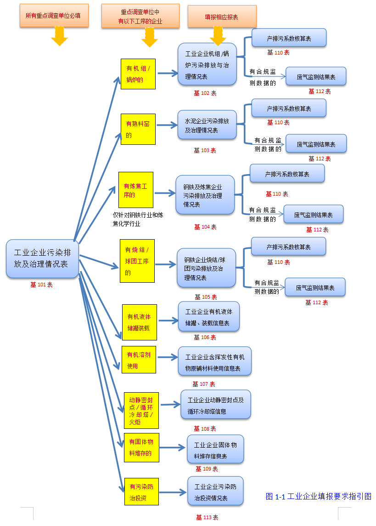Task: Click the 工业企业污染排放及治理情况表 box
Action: point(42,258)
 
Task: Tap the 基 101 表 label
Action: point(41,285)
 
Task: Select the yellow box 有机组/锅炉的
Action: point(138,74)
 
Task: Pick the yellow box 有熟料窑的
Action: point(138,129)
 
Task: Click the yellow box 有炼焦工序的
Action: point(135,190)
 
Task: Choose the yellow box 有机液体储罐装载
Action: point(139,322)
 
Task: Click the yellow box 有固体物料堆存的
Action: point(141,447)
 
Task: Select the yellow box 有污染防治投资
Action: point(141,492)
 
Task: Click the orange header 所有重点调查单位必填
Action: point(54,16)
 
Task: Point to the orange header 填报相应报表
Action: point(222,16)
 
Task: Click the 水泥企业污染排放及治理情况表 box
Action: point(207,125)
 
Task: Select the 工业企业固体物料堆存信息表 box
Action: point(215,449)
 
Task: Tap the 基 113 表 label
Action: point(207,517)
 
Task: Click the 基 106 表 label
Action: point(205,337)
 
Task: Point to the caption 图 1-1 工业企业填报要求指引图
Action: point(318,496)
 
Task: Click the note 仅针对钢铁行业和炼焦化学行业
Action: point(138,219)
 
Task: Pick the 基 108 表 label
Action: point(205,428)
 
